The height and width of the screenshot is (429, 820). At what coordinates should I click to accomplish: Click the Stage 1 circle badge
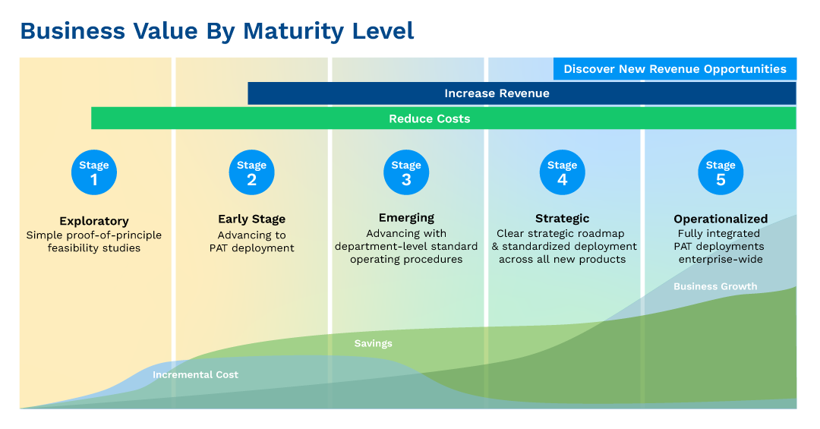[94, 173]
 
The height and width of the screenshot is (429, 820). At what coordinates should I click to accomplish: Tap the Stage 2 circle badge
[251, 173]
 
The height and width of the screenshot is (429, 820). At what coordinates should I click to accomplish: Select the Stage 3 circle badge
[406, 173]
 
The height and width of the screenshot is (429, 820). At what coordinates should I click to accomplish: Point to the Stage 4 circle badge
[562, 173]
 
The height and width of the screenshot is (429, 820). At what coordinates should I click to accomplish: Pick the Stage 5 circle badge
[721, 173]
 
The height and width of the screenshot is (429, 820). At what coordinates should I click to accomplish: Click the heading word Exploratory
[94, 221]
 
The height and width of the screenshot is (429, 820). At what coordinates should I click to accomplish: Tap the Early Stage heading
[251, 219]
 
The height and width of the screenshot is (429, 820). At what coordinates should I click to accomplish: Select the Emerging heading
[406, 218]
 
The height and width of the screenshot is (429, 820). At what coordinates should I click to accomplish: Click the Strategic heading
[562, 219]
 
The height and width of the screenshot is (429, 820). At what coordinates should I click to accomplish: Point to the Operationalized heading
[721, 219]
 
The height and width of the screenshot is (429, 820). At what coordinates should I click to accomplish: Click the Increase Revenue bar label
[497, 93]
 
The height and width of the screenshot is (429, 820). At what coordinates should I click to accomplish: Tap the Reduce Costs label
[429, 118]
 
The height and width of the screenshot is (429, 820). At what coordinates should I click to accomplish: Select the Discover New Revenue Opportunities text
[675, 69]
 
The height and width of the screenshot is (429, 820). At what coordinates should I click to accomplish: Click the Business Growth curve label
[715, 286]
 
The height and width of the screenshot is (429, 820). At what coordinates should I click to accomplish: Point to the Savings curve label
[373, 343]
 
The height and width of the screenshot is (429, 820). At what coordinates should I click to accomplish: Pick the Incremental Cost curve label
[195, 374]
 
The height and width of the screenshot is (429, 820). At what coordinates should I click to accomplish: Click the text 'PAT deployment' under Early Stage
[251, 248]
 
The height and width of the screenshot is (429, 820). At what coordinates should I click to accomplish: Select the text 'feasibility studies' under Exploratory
[94, 248]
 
